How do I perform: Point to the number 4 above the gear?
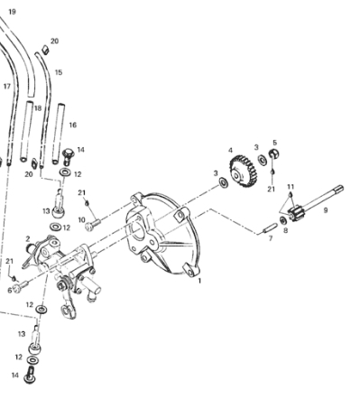coord(230,150)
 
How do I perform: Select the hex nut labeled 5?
coord(273,154)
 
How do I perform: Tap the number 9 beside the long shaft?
coord(326,210)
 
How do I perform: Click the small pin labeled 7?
coord(269,227)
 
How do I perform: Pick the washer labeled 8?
coord(282,220)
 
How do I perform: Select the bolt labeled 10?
coord(93,225)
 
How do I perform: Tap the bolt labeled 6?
coord(21,286)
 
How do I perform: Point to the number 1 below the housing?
coord(199,281)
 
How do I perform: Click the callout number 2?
coord(28,239)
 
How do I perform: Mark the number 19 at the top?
coord(12,12)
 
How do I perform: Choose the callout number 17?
coord(7,87)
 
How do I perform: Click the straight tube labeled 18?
coord(26,132)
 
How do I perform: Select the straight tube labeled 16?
coord(59,135)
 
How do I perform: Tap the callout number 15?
coord(59,72)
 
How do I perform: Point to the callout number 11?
coord(291,187)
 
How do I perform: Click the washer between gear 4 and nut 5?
coord(262,159)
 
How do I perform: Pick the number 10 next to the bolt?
coord(82,220)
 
